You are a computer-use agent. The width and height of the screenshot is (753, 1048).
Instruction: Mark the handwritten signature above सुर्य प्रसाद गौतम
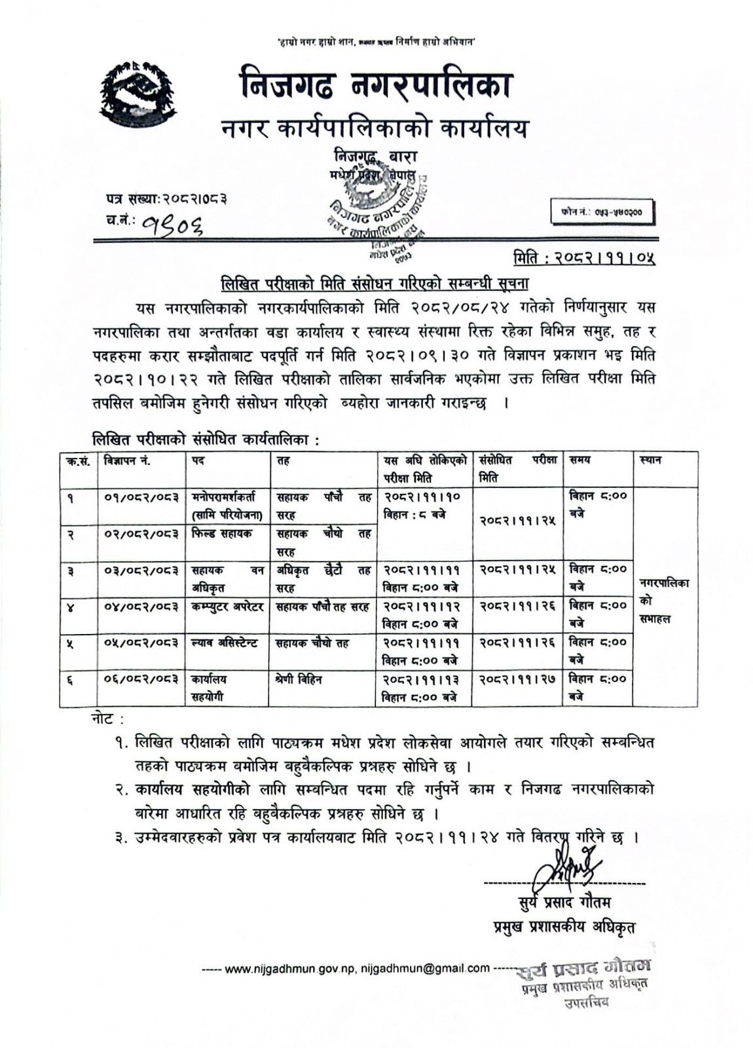[x=565, y=866]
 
